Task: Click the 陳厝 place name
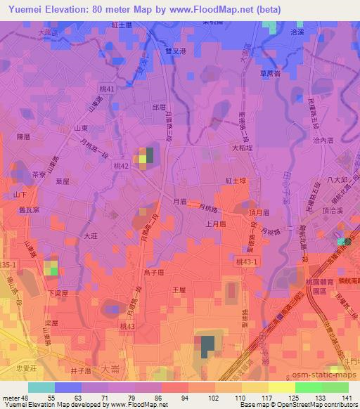pos(25,136)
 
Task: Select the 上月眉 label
pos(215,223)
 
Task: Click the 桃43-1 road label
pos(248,261)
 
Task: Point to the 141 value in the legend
pos(346,397)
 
